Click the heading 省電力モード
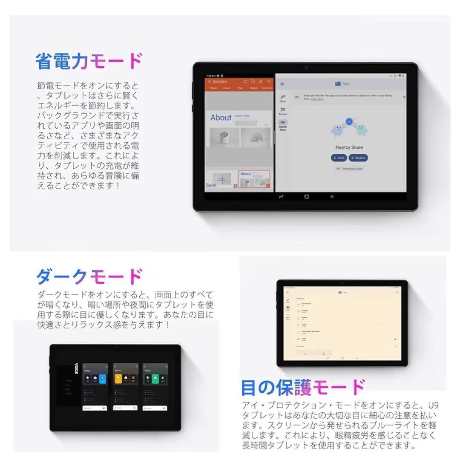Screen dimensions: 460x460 coord(89,61)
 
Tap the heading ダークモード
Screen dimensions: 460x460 coord(89,277)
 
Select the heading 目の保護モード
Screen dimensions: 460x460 coord(303,388)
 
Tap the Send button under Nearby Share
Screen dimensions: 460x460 coord(339,158)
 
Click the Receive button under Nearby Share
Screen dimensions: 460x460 coord(358,158)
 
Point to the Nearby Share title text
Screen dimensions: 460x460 coord(349,147)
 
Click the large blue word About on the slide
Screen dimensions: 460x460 coord(221,118)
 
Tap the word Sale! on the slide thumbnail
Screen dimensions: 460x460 coord(211,185)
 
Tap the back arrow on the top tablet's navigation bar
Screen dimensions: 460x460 coord(332,196)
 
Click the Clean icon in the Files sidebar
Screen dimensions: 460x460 coord(283,98)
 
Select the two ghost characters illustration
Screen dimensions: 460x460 coord(349,128)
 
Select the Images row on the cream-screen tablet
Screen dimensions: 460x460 coord(305,311)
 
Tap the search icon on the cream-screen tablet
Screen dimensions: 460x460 coord(397,292)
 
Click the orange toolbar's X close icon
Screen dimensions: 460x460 coord(269,81)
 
